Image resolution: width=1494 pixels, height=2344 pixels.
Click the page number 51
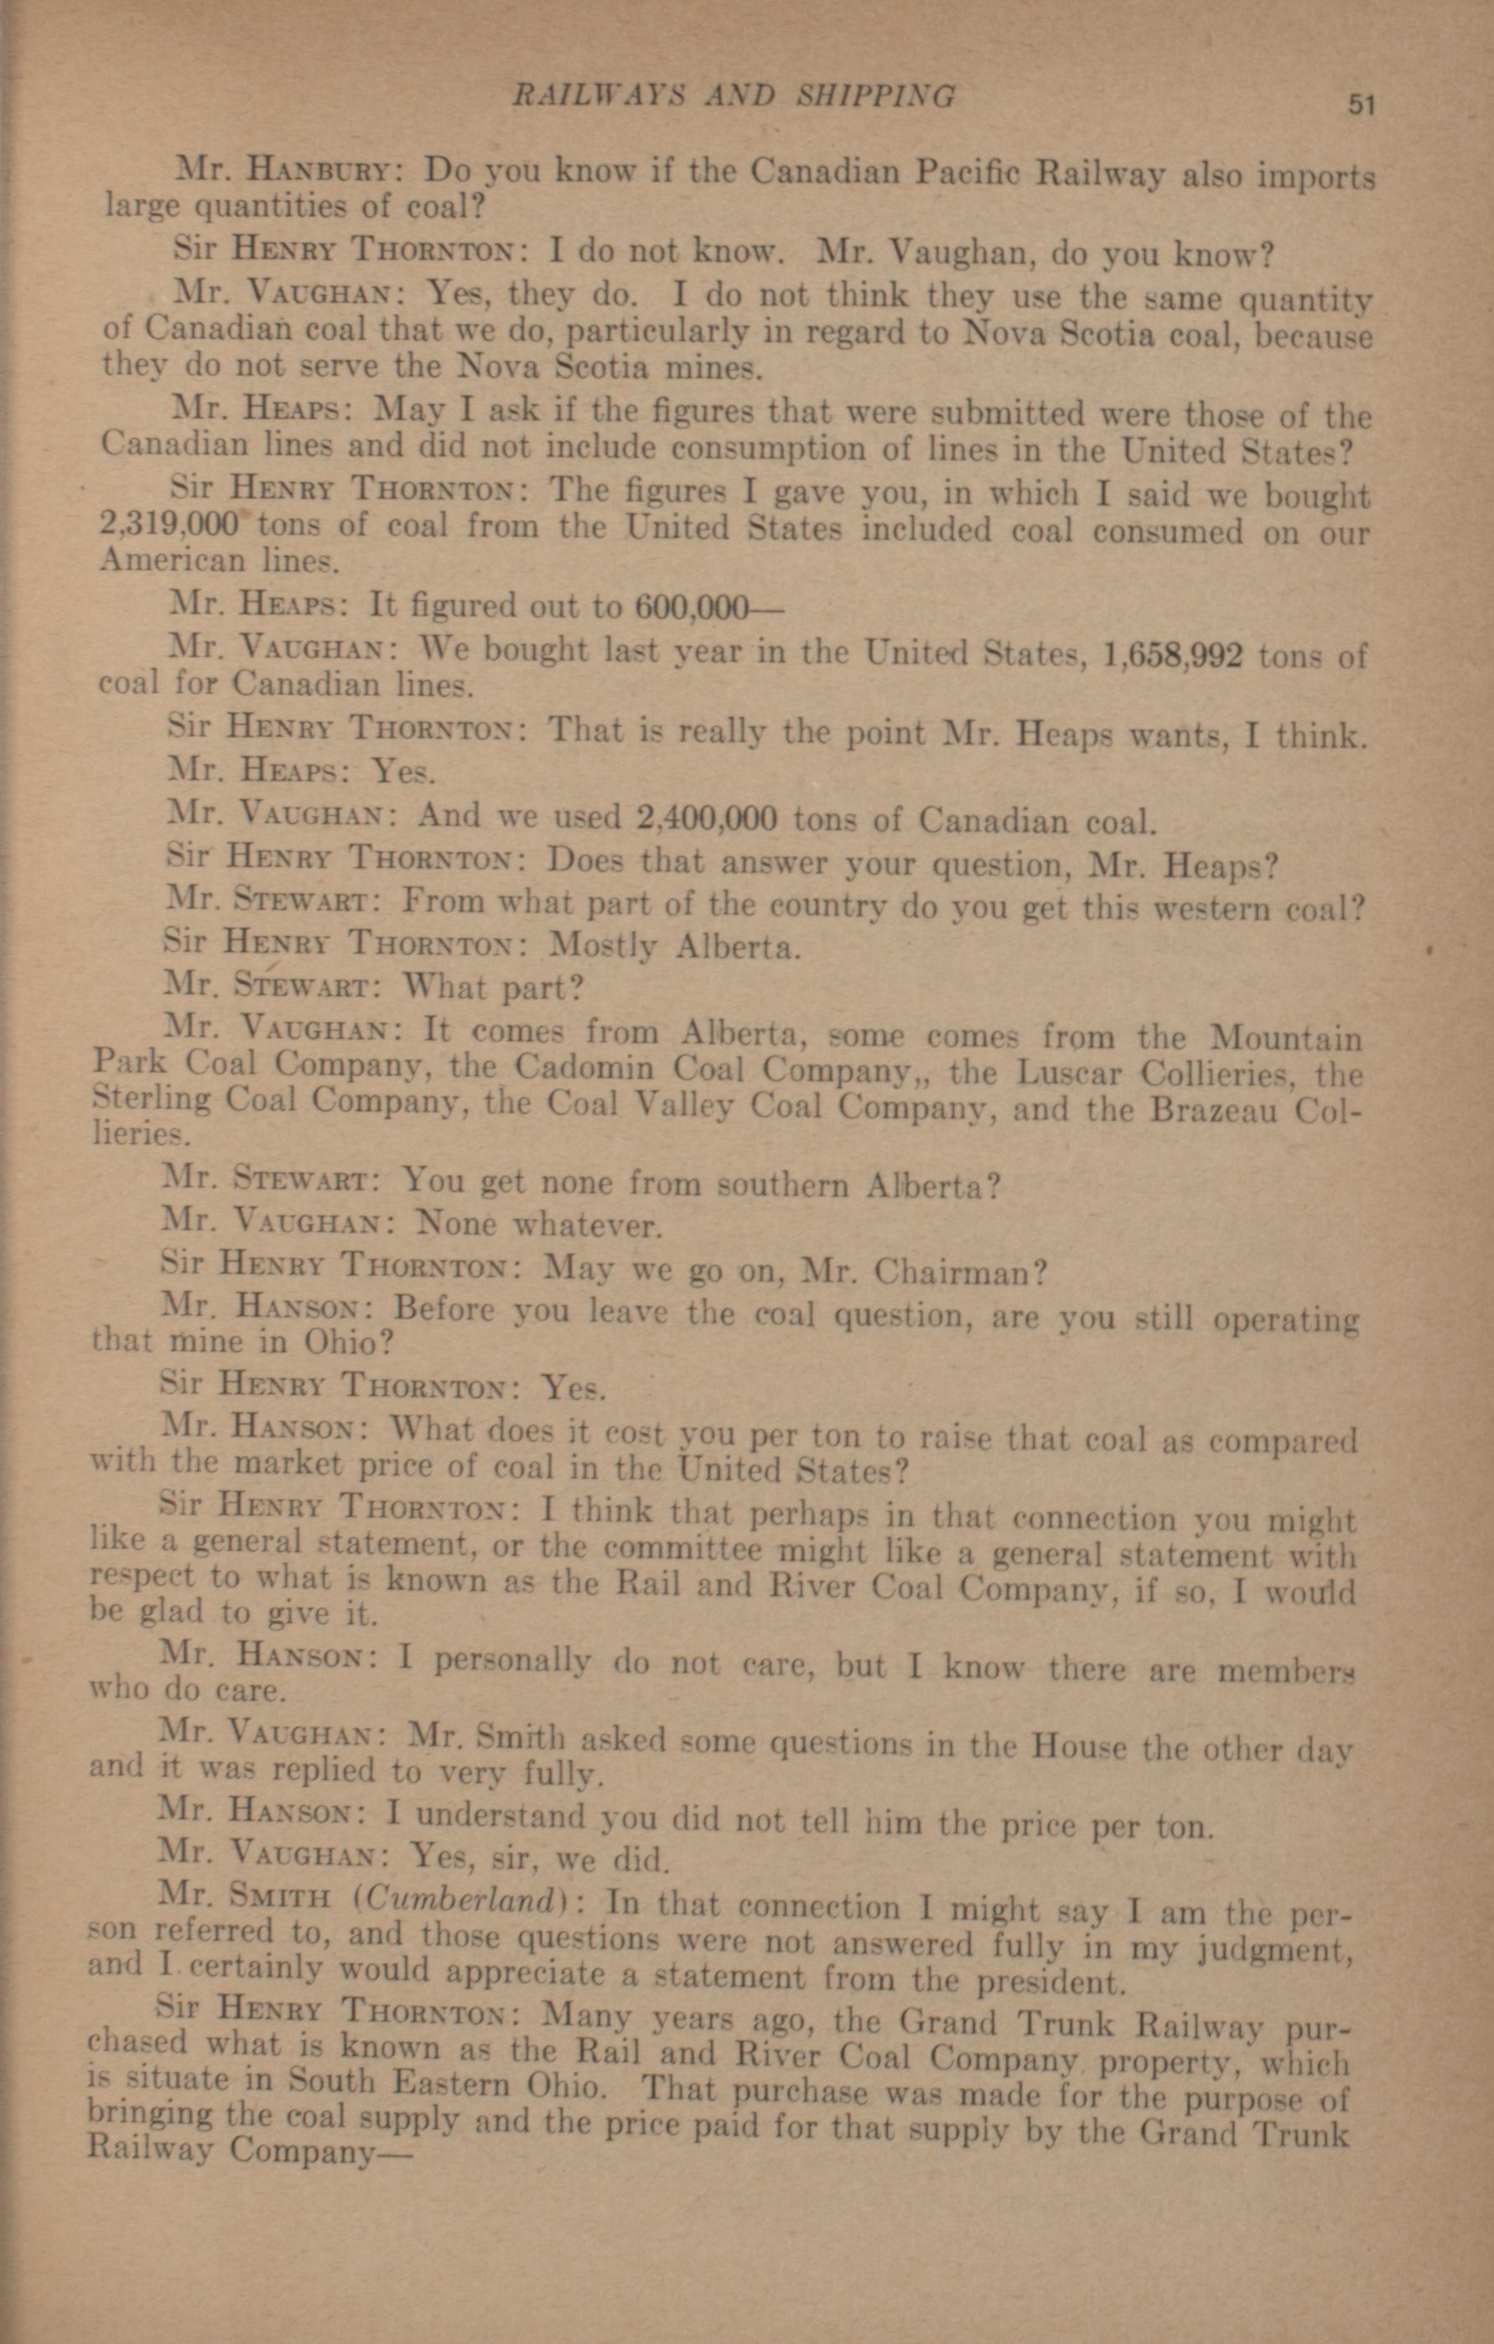tap(1360, 104)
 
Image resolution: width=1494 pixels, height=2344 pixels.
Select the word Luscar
tap(1071, 1073)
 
